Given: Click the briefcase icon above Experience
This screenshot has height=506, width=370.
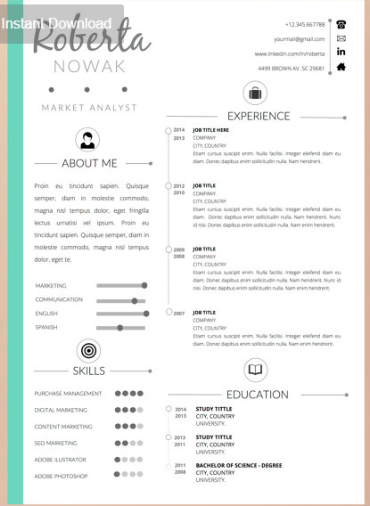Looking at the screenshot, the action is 256,93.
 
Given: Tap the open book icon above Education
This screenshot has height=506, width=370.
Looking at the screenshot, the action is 256,370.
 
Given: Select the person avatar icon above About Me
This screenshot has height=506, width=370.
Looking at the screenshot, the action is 88,139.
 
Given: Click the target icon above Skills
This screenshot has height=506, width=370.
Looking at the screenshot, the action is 88,349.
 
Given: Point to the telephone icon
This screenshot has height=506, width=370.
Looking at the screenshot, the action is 341,24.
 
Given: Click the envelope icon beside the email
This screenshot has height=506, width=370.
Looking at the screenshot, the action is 341,38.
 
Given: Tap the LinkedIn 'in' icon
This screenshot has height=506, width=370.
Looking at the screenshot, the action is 341,53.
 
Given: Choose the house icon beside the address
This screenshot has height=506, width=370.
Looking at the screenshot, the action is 341,67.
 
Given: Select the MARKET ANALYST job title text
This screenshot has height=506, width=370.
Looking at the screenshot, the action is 89,108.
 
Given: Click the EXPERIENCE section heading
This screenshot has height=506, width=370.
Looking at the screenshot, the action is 259,116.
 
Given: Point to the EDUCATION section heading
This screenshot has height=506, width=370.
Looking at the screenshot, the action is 257,395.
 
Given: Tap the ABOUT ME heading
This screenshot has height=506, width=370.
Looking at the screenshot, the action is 89,163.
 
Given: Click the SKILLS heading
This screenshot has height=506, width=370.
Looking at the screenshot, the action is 89,371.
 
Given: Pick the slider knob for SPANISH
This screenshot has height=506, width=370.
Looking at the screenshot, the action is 119,328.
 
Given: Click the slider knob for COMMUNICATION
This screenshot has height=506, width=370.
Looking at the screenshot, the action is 135,300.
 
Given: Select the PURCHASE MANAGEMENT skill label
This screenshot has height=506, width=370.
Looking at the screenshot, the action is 68,393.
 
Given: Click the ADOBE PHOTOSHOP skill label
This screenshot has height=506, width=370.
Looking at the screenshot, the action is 61,476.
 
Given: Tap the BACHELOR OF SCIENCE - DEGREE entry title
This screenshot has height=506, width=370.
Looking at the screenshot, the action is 239,465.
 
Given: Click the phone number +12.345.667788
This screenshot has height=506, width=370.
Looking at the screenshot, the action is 305,24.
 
